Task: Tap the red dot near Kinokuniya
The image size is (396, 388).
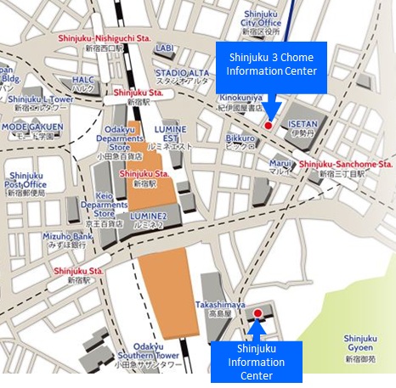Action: pyautogui.click(x=268, y=125)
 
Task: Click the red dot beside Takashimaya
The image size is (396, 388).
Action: pyautogui.click(x=258, y=313)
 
